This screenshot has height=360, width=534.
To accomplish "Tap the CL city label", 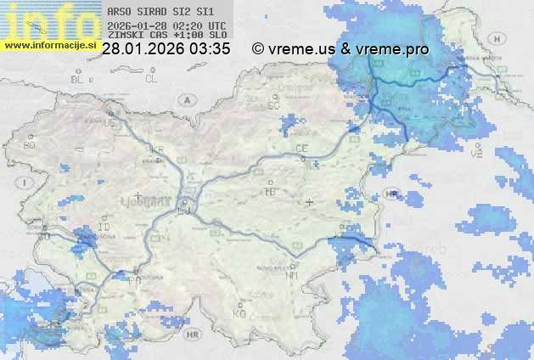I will pyautogui.click(x=151, y=79).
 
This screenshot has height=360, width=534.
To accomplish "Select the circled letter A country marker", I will pyautogui.click(x=185, y=99).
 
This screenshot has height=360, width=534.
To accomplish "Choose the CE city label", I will pyautogui.click(x=301, y=149).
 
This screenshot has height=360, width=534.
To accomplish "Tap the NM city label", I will pyautogui.click(x=293, y=276).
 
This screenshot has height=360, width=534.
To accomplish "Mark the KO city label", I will pyautogui.click(x=239, y=313).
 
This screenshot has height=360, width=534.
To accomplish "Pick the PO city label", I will pyautogui.click(x=134, y=278).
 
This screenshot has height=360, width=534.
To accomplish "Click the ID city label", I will pyautogui.click(x=104, y=228).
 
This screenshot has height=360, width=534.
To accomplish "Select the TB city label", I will pyautogui.click(x=271, y=192).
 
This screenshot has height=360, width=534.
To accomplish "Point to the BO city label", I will pyautogui.click(x=30, y=145).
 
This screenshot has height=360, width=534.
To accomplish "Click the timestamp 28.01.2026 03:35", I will pyautogui.click(x=166, y=49).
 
